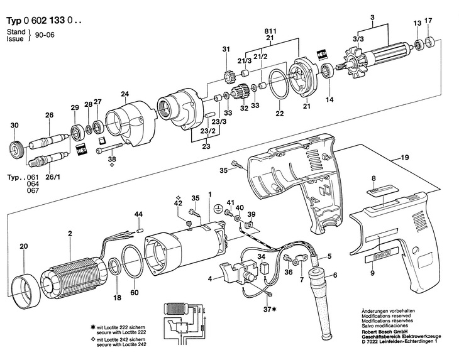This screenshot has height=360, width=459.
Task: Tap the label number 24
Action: tap(124, 95)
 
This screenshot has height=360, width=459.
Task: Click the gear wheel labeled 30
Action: tap(16, 151)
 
